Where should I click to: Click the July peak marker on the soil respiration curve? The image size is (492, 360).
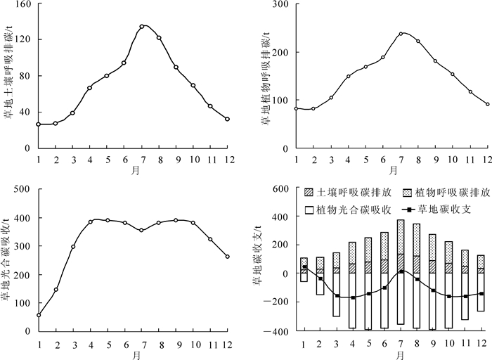tap(142, 27)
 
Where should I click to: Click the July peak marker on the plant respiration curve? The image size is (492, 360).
tap(401, 33)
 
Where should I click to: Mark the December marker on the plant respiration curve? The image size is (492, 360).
tap(487, 104)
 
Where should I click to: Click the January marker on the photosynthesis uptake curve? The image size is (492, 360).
tap(39, 315)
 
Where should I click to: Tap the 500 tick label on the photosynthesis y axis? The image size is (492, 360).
tap(22, 188)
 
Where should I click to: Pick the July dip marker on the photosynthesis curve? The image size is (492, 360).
tap(142, 230)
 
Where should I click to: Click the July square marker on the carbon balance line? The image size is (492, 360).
tap(401, 271)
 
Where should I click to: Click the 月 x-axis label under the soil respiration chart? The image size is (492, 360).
tap(134, 169)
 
